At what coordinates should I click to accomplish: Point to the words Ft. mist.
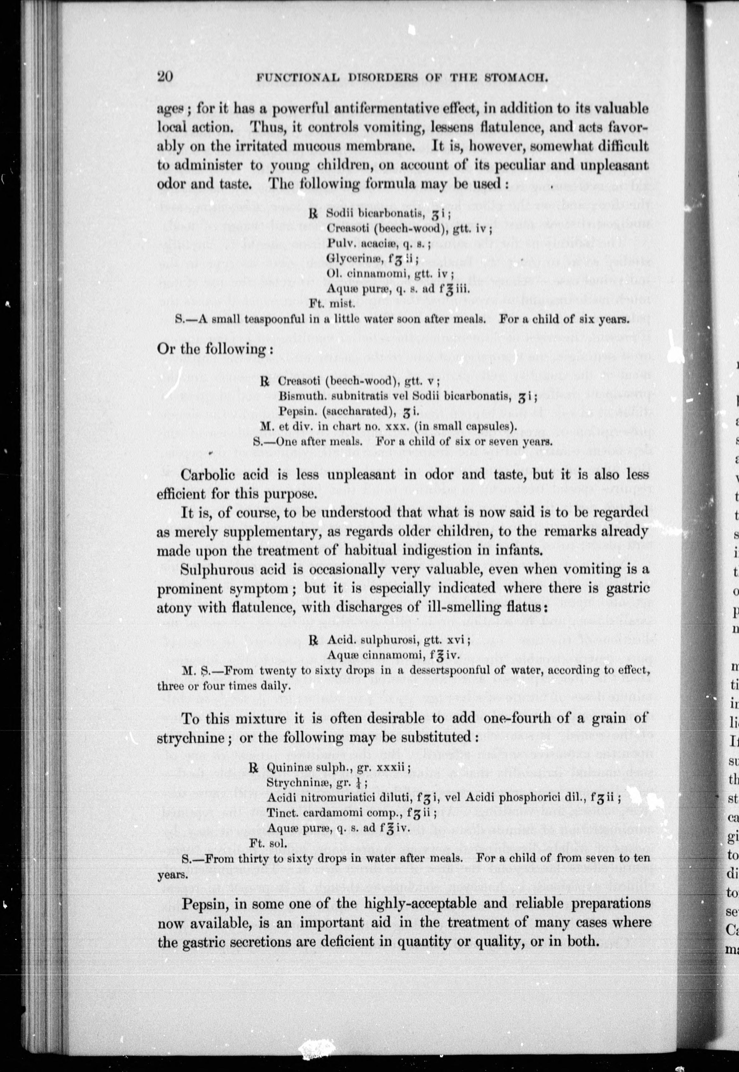pyautogui.click(x=332, y=304)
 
